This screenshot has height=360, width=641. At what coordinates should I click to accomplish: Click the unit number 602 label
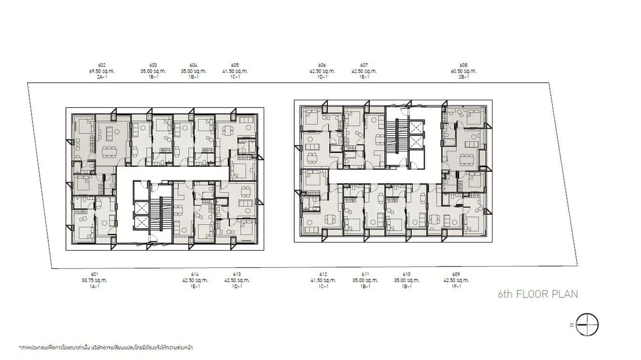(101, 65)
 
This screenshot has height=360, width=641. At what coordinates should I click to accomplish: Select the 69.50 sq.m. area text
(101, 71)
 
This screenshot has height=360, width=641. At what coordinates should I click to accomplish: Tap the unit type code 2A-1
(101, 77)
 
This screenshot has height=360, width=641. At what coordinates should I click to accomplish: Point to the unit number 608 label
(463, 65)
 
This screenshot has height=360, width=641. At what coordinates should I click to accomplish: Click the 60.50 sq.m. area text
(463, 71)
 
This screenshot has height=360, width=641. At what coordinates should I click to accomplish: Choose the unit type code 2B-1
(463, 77)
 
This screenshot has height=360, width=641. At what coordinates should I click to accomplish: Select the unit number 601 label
(94, 275)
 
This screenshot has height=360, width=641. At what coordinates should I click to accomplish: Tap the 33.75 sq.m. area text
(94, 280)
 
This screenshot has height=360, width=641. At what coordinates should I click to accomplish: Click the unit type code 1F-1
(456, 286)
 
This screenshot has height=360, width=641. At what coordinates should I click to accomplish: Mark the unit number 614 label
(195, 275)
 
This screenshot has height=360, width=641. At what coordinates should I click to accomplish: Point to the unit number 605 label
(235, 65)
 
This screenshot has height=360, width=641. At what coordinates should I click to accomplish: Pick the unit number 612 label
(323, 275)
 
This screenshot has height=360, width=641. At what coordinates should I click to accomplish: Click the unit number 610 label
(406, 275)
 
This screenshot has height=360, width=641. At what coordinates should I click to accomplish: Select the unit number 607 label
(364, 65)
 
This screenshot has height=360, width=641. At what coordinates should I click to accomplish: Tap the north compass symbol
(587, 325)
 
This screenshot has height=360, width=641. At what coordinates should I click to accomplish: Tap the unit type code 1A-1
(94, 286)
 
